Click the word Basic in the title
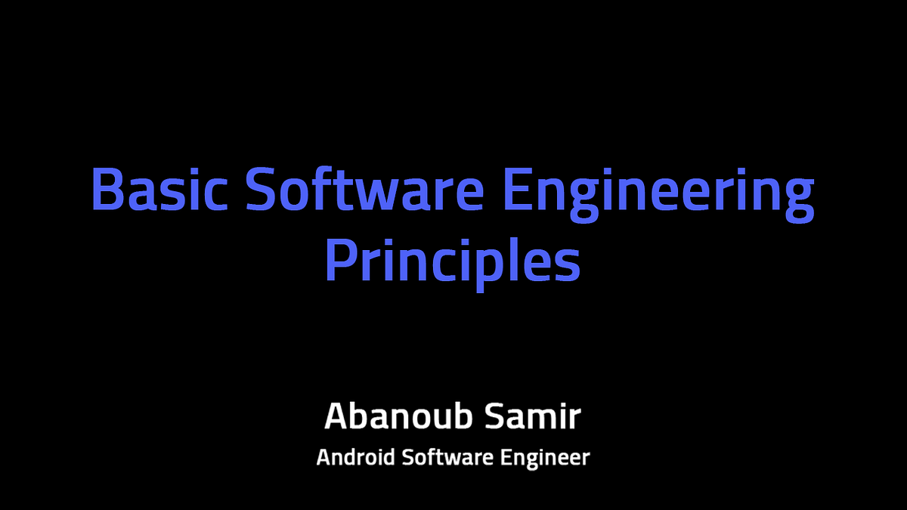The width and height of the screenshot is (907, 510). click(x=159, y=190)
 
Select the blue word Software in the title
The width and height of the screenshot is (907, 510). click(x=365, y=189)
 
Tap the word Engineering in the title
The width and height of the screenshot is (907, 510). click(x=659, y=195)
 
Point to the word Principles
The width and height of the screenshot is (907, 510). click(x=453, y=264)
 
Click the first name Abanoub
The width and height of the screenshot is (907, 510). click(x=398, y=416)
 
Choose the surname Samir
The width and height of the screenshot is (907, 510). click(x=534, y=416)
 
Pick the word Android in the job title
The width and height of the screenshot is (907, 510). click(x=355, y=457)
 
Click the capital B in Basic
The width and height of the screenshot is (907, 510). click(x=107, y=190)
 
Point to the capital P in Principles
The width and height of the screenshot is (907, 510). click(x=341, y=259)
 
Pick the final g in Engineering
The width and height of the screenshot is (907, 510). click(x=800, y=201)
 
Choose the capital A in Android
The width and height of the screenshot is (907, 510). click(x=324, y=457)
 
